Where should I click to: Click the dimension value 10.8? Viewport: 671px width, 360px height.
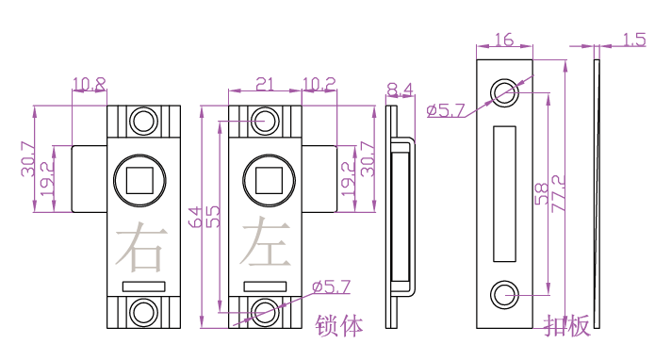point(90,84)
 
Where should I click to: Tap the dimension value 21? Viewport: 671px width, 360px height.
point(265,84)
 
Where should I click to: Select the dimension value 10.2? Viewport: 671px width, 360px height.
point(319,84)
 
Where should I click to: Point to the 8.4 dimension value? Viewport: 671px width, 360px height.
point(401,90)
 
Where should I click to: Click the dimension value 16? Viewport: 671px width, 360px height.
point(504,40)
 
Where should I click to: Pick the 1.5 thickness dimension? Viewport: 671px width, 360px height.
point(633,40)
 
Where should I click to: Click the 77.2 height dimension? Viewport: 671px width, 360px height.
point(558,193)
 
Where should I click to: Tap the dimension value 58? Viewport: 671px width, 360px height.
point(541,193)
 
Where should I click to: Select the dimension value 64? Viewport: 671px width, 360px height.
point(195,217)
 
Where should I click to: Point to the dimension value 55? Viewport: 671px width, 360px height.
point(213,217)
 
